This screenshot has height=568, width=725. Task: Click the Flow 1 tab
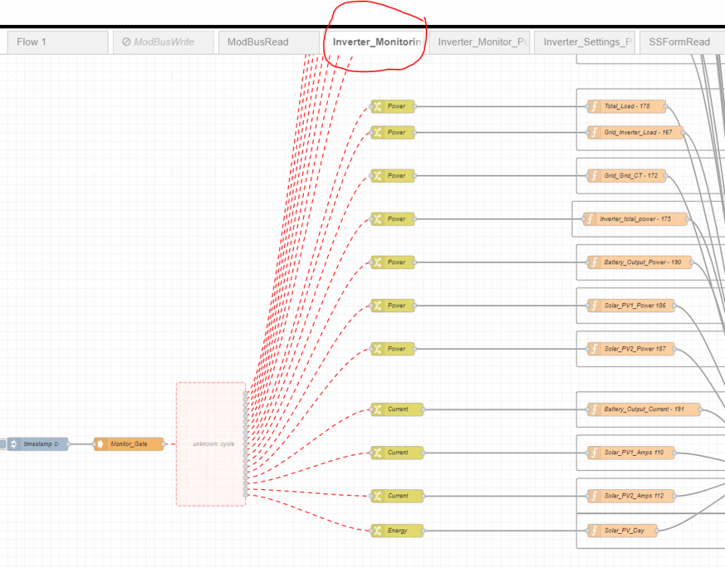pos(58,42)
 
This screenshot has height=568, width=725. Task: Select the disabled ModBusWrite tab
pos(163,42)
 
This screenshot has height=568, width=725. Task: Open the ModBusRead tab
pos(269,42)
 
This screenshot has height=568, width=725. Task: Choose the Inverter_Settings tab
pos(584,42)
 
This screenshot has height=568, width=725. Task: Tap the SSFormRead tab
pos(683,42)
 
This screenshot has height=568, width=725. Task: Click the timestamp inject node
pos(38,444)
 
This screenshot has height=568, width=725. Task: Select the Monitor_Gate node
pos(129,444)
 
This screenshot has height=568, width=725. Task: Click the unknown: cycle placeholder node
pos(211,444)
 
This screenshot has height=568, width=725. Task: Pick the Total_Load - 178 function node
pos(627,106)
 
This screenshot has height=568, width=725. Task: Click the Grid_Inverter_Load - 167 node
pos(636,133)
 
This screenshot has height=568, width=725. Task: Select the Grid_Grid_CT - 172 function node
pos(627,176)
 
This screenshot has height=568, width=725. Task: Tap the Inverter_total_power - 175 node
pos(636,219)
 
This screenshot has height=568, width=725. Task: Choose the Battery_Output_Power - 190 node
pos(639,263)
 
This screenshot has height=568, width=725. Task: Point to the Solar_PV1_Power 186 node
pos(630,305)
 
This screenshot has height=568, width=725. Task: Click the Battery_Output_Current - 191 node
pos(644,410)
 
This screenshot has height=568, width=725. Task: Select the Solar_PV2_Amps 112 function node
pos(630,496)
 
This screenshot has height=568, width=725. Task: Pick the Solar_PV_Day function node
pos(623,531)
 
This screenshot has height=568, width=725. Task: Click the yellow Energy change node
pos(397,531)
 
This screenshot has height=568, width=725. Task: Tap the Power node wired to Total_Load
pos(392,106)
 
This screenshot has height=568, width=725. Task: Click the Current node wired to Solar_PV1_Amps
pos(397,452)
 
